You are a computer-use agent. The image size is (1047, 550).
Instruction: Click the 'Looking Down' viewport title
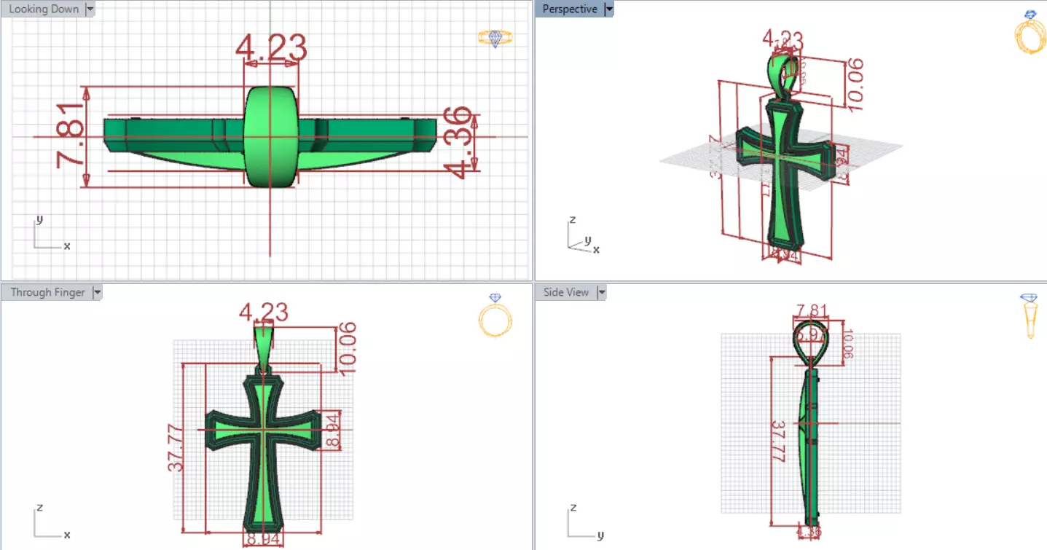[x=43, y=9]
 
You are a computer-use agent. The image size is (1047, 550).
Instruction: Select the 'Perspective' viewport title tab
[x=569, y=9]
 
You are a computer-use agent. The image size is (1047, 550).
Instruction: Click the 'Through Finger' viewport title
[x=47, y=292]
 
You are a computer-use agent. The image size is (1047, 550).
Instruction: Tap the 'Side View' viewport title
[x=565, y=292]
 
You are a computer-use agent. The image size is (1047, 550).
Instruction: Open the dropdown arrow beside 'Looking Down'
[x=90, y=9]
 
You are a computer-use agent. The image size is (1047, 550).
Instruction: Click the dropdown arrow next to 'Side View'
[x=602, y=292]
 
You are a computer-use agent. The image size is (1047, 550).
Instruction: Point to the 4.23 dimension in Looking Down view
[x=271, y=47]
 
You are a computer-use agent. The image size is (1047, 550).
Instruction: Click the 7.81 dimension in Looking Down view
[x=71, y=135]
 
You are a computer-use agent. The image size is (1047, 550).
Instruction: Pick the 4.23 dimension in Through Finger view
[x=264, y=313]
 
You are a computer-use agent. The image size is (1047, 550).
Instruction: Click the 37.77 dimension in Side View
[x=779, y=441]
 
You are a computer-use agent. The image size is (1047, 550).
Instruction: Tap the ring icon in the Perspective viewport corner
[x=1030, y=34]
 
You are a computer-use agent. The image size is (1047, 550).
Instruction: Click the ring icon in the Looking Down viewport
[x=495, y=38]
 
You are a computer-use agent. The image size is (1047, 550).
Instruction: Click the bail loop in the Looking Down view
[x=270, y=136]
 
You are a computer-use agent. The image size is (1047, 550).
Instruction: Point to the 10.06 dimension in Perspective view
[x=854, y=85]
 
